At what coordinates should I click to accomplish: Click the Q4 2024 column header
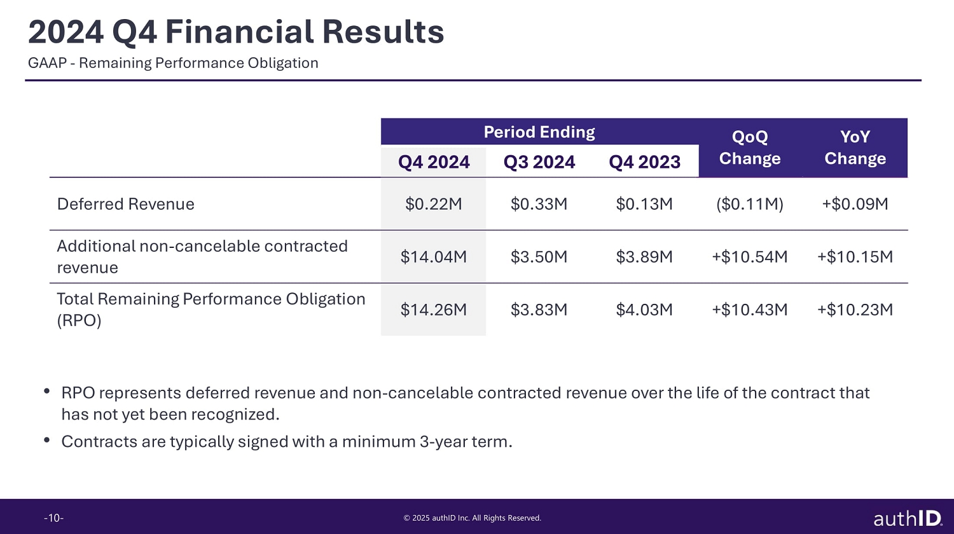[x=434, y=162]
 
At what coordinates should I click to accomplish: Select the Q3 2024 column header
[x=539, y=162]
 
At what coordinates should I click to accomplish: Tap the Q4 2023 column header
[x=644, y=162]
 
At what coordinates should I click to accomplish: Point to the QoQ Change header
[x=750, y=147]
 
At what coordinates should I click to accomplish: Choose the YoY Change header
[x=855, y=147]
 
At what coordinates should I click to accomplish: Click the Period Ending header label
[x=539, y=132]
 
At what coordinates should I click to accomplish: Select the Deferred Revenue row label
[x=126, y=204]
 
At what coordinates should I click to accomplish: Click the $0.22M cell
[x=434, y=204]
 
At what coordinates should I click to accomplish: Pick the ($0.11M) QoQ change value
[x=750, y=204]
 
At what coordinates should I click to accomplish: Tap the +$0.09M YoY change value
[x=855, y=204]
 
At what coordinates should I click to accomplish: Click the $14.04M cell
[x=434, y=257]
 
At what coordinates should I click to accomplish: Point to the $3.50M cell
[x=539, y=257]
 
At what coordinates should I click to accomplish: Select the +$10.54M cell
[x=750, y=257]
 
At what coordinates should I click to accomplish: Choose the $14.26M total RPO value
[x=434, y=310]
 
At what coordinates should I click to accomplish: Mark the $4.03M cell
[x=644, y=310]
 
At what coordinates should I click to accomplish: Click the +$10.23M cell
[x=855, y=310]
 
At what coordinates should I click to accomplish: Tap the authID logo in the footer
[x=908, y=518]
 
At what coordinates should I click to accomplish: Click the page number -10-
[x=53, y=518]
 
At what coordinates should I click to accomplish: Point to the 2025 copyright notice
[x=473, y=518]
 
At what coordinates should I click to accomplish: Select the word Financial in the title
[x=238, y=32]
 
